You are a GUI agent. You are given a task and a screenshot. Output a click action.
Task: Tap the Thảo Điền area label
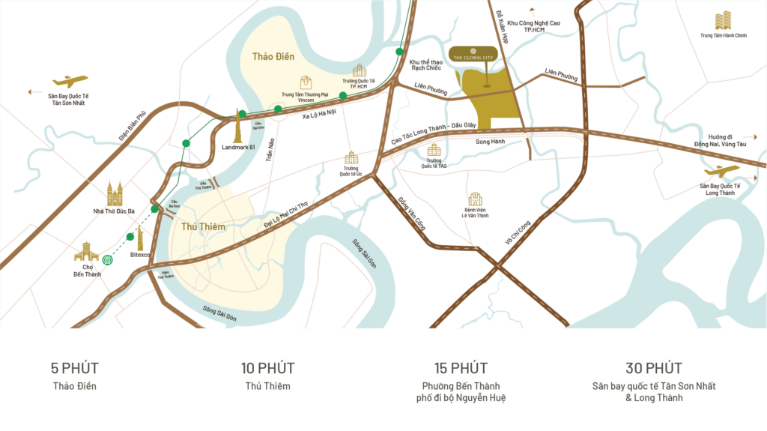coord(273,56)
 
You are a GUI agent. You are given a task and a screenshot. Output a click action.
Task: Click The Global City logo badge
coord(481,52)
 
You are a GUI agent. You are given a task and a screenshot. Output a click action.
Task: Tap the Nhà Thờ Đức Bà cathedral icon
coord(114,194)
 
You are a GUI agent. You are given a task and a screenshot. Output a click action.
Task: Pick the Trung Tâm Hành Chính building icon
coord(723,21)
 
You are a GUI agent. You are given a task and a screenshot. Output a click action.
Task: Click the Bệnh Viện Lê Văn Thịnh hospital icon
coord(475,199)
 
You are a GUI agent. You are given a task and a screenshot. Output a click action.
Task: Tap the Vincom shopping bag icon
coord(306,82)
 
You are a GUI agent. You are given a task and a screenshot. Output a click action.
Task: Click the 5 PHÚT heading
coord(75,368)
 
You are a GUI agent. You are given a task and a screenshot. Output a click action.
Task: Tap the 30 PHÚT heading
coord(654,368)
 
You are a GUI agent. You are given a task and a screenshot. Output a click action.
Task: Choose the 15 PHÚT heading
coord(461,368)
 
